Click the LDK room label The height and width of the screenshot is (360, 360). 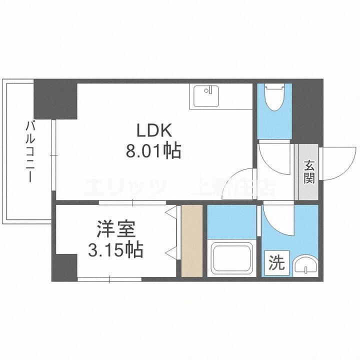[x=155, y=131]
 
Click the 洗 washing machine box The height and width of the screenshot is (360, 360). [x=276, y=262]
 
